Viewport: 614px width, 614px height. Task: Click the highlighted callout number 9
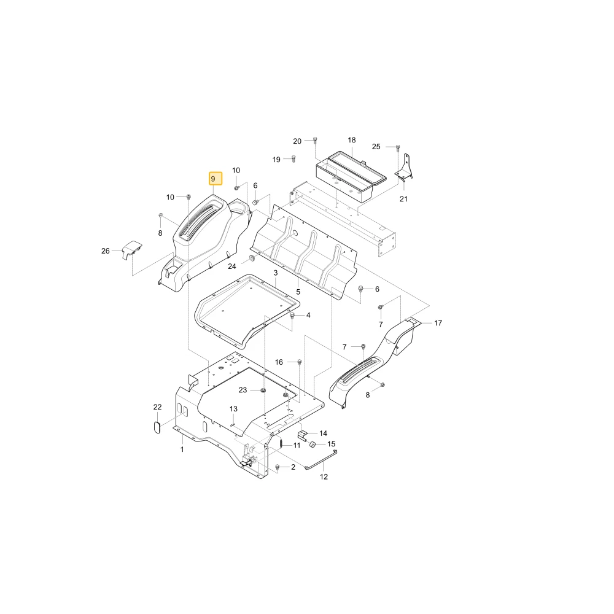coord(213,179)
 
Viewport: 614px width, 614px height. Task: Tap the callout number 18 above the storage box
coord(352,140)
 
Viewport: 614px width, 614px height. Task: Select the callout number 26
coord(106,251)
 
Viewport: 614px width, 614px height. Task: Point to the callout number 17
coord(438,323)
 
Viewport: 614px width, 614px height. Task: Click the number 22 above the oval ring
coord(157,407)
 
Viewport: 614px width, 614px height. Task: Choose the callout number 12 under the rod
coord(324,476)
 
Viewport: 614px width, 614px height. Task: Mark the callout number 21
coord(403,198)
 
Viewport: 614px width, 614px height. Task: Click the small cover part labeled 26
coord(132,250)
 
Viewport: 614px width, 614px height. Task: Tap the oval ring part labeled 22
coord(157,427)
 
